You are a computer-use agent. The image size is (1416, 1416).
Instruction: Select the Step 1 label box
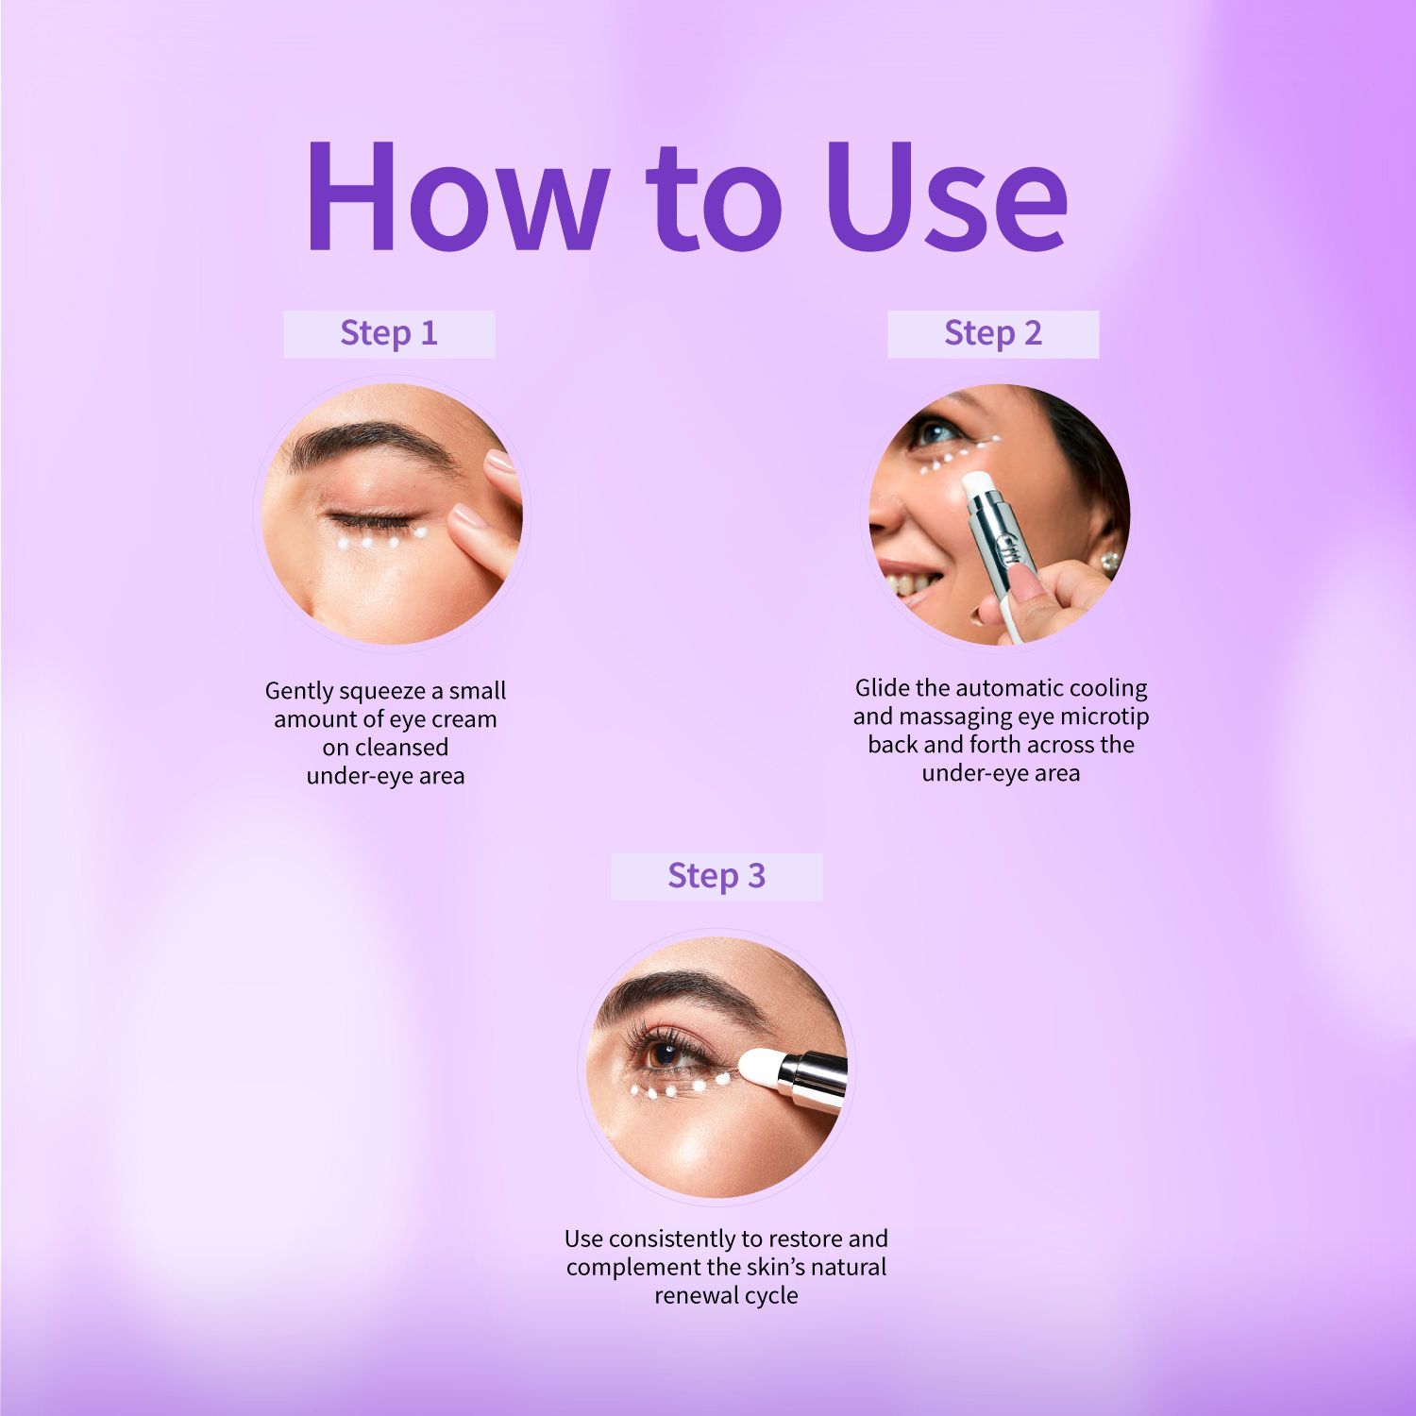point(389,334)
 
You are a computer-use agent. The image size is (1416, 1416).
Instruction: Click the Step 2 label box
point(993,334)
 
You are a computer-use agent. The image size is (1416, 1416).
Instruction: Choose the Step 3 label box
point(716,877)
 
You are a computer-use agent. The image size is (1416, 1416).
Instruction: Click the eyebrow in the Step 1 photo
point(368,442)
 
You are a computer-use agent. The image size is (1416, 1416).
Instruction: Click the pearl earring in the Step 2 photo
point(1110,562)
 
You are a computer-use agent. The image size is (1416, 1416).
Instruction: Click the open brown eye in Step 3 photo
point(666,1054)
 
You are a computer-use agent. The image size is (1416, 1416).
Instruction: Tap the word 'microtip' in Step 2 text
point(1104,716)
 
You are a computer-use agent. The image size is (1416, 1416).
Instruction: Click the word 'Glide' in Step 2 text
point(882,687)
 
